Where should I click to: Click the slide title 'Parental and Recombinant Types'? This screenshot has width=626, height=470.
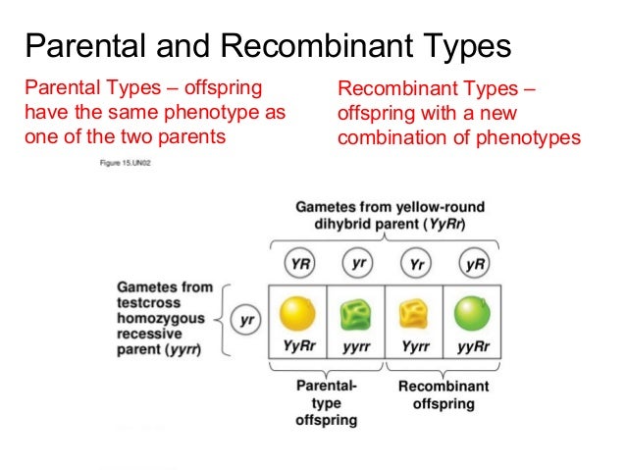tap(267, 45)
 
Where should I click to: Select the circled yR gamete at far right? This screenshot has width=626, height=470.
tap(475, 265)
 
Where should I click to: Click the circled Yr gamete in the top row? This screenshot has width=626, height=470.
tap(415, 265)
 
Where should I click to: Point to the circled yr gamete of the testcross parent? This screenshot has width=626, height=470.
tap(244, 321)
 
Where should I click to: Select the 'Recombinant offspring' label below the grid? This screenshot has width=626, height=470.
tap(443, 394)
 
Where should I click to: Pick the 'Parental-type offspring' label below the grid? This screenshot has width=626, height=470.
tap(326, 403)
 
